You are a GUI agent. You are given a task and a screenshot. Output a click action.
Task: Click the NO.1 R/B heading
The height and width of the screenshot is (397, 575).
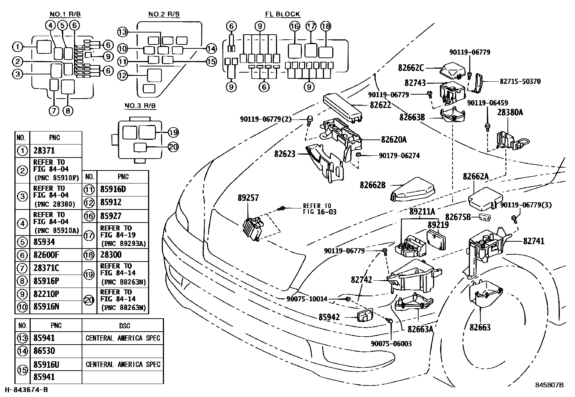tap(65, 14)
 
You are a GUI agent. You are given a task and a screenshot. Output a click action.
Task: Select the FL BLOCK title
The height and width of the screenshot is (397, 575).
tap(282, 14)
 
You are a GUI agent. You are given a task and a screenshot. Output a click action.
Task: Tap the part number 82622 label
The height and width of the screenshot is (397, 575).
tap(380, 105)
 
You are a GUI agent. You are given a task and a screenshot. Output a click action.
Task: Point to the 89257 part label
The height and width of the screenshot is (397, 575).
tap(248, 198)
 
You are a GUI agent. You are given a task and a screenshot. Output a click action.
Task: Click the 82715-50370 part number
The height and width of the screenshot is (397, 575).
tap(520, 81)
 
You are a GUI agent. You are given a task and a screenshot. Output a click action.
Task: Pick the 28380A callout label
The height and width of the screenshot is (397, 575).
tap(510, 112)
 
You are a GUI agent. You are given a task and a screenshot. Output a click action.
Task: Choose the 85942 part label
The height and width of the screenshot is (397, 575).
tap(329, 317)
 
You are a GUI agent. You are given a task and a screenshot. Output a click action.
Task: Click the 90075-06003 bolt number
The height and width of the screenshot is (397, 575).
tap(391, 344)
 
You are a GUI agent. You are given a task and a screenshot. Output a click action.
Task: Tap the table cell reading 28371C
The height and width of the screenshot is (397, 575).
tap(46, 268)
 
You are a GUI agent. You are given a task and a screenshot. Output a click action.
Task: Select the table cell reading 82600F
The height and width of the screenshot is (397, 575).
tap(46, 255)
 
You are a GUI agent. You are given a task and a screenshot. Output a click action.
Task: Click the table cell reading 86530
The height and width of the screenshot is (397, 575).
tap(44, 351)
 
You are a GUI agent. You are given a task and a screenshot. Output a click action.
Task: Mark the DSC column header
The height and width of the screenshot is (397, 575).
tap(125, 325)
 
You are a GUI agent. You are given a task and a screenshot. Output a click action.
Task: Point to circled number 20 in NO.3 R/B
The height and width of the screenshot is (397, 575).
tap(173, 147)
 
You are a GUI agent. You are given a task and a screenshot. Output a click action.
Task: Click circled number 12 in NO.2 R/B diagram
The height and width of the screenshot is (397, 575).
tap(122, 75)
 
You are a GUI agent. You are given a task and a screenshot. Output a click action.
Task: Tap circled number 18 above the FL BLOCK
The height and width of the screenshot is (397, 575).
tap(326, 26)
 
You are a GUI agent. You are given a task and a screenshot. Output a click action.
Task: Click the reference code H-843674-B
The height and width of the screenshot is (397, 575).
tap(26, 390)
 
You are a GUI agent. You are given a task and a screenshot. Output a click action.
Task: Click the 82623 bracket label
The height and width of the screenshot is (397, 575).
tap(285, 154)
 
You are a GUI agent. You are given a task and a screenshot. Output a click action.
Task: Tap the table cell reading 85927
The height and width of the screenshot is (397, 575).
tap(111, 216)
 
